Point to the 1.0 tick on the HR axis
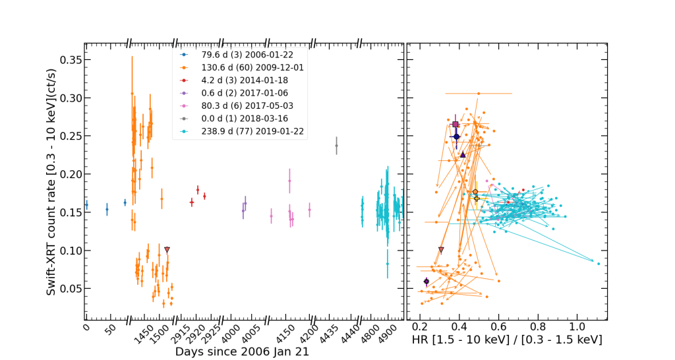(577, 326)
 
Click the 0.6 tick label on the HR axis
(498, 326)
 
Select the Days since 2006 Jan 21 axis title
(242, 352)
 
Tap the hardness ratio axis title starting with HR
(506, 340)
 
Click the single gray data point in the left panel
(336, 146)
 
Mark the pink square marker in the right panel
(455, 124)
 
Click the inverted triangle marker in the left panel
(167, 250)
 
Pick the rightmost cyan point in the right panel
(599, 264)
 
